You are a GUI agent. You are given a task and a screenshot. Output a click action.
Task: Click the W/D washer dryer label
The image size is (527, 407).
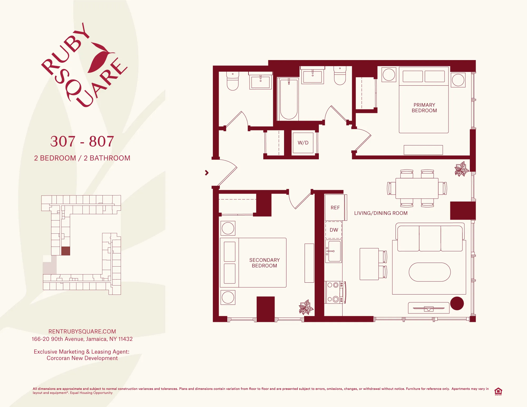point(303,143)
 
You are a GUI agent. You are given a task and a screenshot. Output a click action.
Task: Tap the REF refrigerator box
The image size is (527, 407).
point(335,208)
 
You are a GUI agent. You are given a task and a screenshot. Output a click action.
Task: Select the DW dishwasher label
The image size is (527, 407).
point(334,230)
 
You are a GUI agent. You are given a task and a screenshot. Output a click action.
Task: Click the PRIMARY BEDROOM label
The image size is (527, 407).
point(424,108)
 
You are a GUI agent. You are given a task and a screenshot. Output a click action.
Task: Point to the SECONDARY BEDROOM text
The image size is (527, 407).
point(264,263)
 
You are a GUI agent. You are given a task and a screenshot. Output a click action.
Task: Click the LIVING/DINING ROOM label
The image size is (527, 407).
point(381,213)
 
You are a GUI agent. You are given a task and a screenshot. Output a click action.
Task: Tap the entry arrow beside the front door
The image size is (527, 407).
point(207,173)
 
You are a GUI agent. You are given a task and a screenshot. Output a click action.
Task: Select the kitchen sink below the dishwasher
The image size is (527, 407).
point(334,251)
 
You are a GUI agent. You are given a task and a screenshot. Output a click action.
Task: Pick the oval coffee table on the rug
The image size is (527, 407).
point(430,272)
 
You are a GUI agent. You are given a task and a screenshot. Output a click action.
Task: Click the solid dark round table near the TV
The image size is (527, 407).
point(457,303)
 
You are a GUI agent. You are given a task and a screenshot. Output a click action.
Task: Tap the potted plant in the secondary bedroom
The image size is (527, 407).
point(306,307)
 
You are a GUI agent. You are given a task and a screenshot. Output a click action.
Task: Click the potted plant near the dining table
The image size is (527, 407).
point(461,169)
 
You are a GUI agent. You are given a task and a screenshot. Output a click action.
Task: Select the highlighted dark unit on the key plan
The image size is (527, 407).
point(66,251)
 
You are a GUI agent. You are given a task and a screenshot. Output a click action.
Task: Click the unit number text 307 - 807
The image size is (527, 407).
point(82,141)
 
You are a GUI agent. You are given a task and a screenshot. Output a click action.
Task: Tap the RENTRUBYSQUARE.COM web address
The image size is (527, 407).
point(82,331)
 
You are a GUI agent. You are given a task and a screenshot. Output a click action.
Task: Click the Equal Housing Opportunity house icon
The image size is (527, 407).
point(498,391)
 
